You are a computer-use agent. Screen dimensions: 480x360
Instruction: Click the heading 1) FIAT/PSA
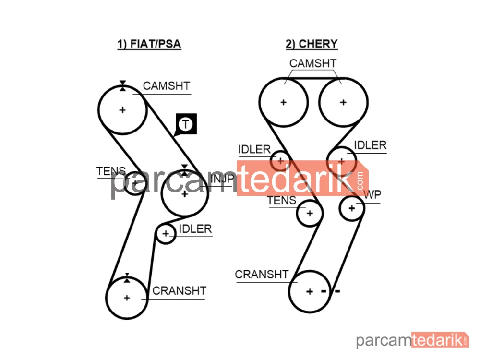(x=149, y=44)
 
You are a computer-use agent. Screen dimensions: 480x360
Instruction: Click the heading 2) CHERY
(x=312, y=44)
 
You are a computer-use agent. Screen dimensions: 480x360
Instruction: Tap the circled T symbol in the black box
(x=185, y=124)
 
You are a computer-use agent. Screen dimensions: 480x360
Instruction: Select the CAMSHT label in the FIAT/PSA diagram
(x=167, y=86)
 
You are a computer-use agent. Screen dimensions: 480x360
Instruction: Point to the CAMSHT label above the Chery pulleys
(x=313, y=63)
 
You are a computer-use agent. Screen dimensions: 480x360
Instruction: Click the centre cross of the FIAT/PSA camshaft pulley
(x=122, y=110)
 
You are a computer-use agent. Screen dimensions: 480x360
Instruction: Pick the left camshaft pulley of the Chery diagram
(x=284, y=102)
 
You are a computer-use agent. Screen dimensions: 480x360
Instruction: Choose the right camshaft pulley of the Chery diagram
(x=343, y=102)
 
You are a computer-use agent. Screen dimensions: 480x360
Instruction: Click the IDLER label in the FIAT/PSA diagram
(x=195, y=229)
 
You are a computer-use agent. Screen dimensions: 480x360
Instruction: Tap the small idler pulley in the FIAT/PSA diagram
(x=166, y=234)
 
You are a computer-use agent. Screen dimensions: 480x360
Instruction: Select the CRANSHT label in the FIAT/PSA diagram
(x=180, y=291)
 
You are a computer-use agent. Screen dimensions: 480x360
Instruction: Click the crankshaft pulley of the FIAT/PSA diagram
(x=127, y=298)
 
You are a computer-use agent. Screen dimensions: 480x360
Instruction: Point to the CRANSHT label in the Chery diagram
(x=262, y=274)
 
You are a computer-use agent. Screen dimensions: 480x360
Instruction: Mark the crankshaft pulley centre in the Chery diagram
(x=310, y=291)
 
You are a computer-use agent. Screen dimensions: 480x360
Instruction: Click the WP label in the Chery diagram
(x=372, y=195)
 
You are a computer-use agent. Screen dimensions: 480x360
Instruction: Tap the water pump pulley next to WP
(x=352, y=208)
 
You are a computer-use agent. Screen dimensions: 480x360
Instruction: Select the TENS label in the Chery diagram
(x=282, y=201)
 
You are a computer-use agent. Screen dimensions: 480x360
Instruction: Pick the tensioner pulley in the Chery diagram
(x=310, y=213)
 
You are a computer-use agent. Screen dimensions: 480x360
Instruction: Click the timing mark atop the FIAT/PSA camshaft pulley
(x=122, y=86)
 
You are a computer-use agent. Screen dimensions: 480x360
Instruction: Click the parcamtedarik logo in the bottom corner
(x=412, y=340)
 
